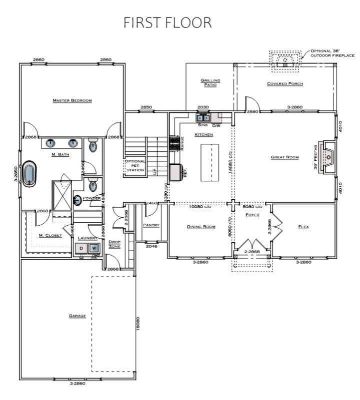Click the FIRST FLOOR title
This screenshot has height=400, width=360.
coord(167,22)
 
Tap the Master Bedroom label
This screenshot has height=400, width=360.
coord(72,100)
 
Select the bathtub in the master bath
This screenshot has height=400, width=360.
coord(29,173)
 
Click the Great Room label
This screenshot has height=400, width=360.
coord(284,157)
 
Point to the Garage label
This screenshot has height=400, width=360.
coord(77,316)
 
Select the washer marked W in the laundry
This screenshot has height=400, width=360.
coord(93,248)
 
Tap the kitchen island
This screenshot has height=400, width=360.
coord(209,162)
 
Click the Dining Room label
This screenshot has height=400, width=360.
coord(201,227)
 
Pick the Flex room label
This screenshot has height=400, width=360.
coord(303,227)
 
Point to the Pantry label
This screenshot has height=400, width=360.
coord(151,225)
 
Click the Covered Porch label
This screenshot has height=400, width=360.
coord(284,83)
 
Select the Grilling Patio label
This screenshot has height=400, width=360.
coord(210,82)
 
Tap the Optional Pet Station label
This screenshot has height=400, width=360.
coord(135,166)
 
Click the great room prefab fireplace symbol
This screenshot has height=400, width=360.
coord(329,158)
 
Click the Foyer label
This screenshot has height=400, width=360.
coord(252,215)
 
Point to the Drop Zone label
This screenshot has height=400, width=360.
coord(114,244)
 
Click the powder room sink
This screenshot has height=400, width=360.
coord(78,200)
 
